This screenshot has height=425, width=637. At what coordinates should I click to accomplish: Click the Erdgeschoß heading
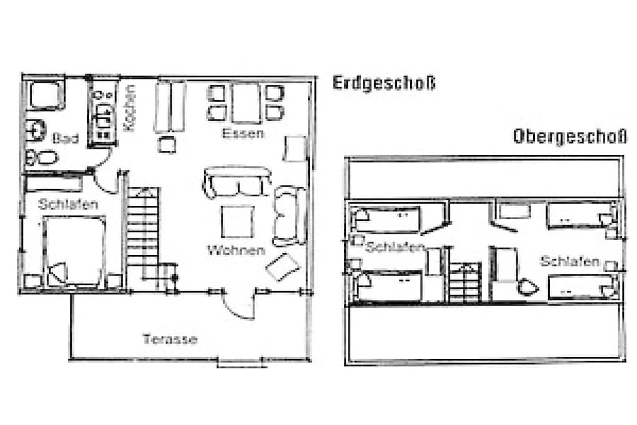384,83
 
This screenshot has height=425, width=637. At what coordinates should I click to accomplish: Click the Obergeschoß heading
570,136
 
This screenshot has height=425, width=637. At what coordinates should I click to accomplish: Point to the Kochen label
129,108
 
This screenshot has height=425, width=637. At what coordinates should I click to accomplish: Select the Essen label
243,133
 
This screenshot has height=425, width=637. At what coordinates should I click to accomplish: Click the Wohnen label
236,250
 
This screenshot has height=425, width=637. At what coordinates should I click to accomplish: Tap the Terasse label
170,339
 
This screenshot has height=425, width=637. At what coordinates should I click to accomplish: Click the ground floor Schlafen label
68,204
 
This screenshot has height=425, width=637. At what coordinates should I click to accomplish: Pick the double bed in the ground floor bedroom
74,251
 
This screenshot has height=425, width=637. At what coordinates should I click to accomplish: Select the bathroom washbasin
35,130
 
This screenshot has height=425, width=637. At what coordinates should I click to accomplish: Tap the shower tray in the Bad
46,94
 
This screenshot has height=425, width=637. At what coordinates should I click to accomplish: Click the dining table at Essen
246,103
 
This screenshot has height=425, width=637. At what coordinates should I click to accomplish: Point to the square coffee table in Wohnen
237,222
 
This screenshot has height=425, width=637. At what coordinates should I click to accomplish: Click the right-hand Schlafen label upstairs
570,261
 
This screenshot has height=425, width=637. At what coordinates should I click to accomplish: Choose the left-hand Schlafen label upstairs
394,247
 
